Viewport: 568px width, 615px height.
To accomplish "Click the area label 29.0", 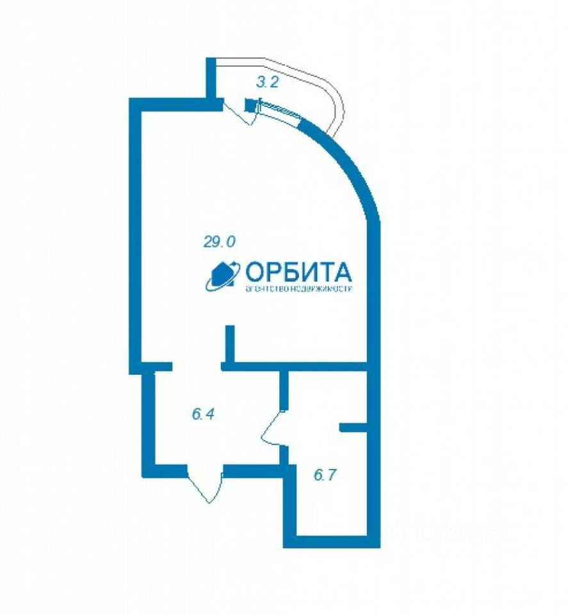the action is click(220, 242).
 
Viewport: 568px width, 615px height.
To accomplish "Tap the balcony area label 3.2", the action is click(266, 82).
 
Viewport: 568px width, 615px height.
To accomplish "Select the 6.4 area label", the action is click(202, 414).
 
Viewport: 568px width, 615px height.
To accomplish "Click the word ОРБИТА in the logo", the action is click(298, 272).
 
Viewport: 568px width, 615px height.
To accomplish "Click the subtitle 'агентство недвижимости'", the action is click(300, 289).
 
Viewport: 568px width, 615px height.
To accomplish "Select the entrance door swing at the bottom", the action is click(205, 484).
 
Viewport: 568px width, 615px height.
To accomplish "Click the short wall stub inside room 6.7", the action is click(352, 427).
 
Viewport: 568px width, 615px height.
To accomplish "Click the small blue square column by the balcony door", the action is click(249, 105).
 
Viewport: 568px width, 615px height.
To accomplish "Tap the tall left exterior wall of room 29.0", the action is click(134, 237).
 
